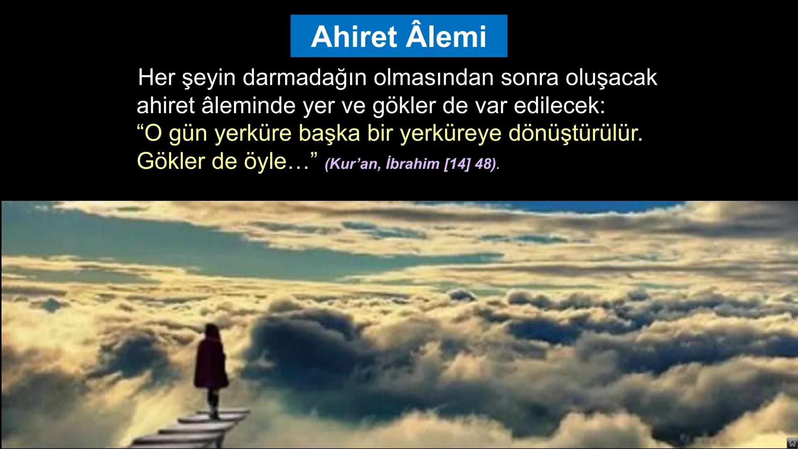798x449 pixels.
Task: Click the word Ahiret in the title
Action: point(355,37)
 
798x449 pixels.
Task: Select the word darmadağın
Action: point(304,78)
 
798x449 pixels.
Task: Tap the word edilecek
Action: point(559,106)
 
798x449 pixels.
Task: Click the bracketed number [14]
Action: point(457,164)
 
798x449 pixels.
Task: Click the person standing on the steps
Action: point(211,366)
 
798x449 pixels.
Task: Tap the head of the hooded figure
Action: point(212,332)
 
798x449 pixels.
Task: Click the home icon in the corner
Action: point(792,443)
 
